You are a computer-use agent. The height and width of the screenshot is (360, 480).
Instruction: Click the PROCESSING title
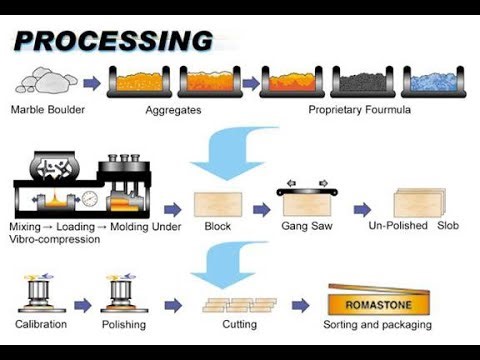113,41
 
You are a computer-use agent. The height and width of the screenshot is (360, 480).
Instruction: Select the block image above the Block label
218,205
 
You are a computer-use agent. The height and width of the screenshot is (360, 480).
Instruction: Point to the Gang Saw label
306,228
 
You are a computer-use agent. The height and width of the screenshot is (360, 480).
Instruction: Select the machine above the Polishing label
123,292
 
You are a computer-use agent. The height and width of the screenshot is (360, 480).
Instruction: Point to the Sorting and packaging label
377,325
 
